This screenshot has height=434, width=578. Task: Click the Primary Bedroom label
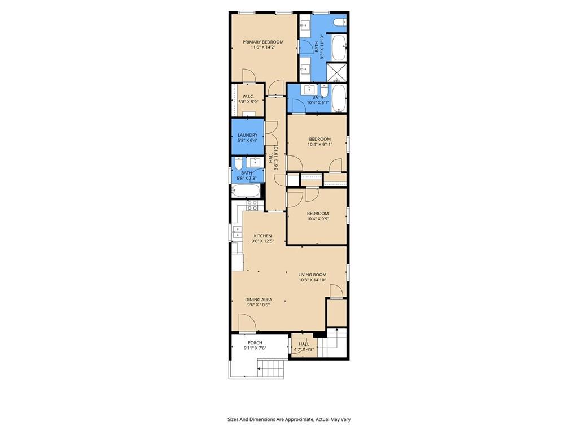(x=263, y=42)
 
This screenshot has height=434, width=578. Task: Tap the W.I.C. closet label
(x=248, y=96)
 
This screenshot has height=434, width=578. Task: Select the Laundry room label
(x=247, y=135)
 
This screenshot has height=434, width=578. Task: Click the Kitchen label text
(x=262, y=236)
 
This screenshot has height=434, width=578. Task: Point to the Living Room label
(x=312, y=275)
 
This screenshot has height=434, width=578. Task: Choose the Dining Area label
(x=259, y=300)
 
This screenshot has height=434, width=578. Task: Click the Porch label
(x=255, y=342)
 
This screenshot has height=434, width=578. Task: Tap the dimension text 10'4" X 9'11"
(x=319, y=145)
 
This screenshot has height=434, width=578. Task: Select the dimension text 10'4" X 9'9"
(x=318, y=219)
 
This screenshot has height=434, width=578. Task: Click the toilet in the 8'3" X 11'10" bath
(x=339, y=23)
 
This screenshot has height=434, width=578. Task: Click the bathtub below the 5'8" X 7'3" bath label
(x=247, y=190)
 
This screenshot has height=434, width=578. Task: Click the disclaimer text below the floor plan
(x=288, y=419)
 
